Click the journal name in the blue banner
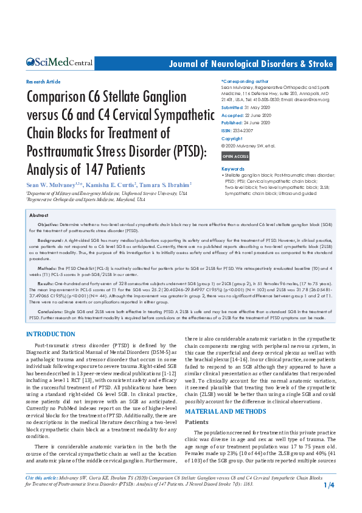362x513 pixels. [x=251, y=63]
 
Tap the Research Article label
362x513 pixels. [x=44, y=82]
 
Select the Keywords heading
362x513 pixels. [x=234, y=169]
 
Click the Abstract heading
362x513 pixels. [x=39, y=216]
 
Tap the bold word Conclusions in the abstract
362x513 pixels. [x=50, y=311]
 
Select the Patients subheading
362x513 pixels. [x=197, y=404]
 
